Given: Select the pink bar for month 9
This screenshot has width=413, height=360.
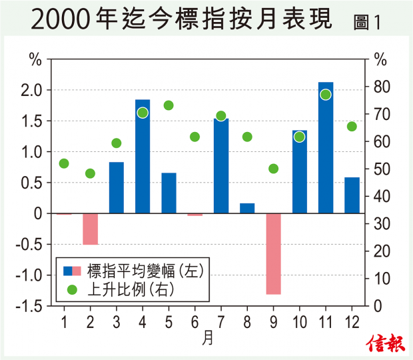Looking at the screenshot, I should click(x=274, y=253).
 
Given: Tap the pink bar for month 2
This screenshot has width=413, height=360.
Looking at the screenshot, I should click(x=91, y=229).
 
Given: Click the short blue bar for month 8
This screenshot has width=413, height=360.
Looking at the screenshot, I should click(x=247, y=208).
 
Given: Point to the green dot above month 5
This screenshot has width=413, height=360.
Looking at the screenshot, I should click(x=169, y=105).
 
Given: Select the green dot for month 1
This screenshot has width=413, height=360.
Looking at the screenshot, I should click(x=64, y=163).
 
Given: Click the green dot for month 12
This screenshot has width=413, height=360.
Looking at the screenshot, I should click(x=352, y=127).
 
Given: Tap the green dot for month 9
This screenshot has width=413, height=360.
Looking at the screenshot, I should click(x=273, y=169).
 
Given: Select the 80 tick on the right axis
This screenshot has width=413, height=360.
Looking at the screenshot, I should click(x=380, y=87).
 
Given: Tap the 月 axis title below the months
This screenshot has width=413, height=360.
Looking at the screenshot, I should click(x=208, y=338).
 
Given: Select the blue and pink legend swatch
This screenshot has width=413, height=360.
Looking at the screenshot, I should click(x=72, y=271).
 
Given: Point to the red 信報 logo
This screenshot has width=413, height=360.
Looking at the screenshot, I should click(x=384, y=343).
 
